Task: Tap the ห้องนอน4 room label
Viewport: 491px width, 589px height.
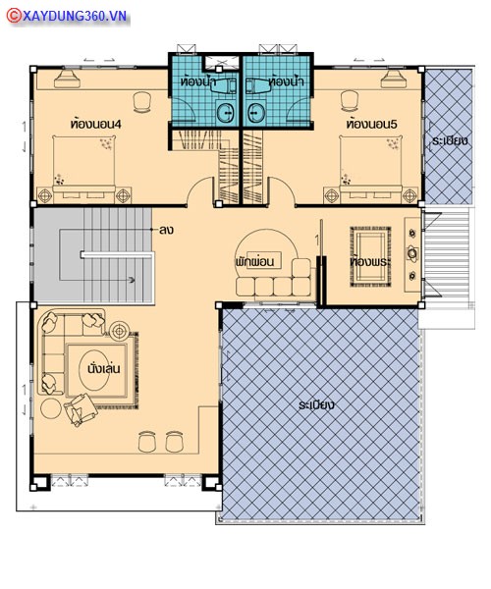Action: pos(96,124)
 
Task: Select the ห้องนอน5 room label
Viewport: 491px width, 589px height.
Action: pos(372,124)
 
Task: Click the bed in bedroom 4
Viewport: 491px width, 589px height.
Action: pos(83,167)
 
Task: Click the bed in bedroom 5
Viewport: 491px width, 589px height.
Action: pos(371,167)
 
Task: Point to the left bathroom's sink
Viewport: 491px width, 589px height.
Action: pos(226,112)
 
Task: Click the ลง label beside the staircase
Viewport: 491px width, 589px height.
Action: pos(166,230)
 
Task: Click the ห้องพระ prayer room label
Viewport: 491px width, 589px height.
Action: pos(369,261)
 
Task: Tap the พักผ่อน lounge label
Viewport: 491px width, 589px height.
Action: pos(254,261)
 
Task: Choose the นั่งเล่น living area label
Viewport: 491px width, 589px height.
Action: pos(104,368)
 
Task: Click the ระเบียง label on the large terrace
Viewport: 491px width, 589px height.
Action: pos(316,404)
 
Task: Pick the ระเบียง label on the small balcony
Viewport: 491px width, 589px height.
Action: pos(450,141)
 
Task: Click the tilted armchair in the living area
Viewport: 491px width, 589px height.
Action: pos(81,409)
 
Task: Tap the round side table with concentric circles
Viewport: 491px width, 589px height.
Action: pos(120,331)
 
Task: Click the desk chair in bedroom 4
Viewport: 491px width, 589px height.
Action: pos(142,101)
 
